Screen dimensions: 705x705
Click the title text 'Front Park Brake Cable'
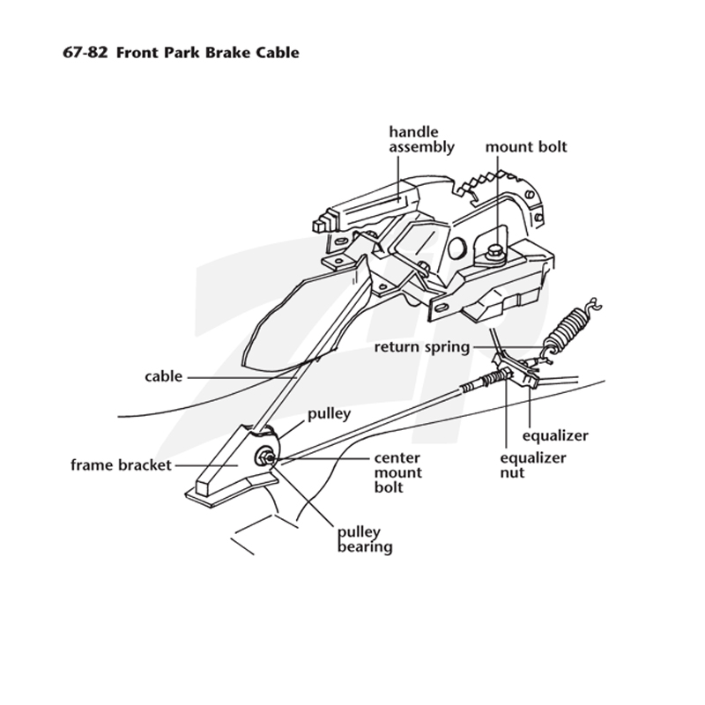[208, 53]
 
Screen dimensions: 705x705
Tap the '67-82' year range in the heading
[85, 53]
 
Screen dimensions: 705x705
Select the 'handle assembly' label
[421, 140]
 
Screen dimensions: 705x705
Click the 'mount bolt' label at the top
[526, 146]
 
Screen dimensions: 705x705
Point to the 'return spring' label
[422, 347]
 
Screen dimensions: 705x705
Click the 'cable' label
[164, 376]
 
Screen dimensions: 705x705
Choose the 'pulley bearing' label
[365, 539]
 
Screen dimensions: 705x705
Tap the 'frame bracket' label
[121, 465]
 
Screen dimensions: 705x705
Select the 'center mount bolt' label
[398, 472]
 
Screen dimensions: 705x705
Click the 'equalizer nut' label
[533, 465]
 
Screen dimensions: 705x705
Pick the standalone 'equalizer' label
[555, 435]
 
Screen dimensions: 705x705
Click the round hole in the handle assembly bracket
[456, 247]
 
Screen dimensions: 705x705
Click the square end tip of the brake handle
[319, 224]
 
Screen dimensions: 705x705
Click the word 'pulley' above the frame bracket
[329, 413]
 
